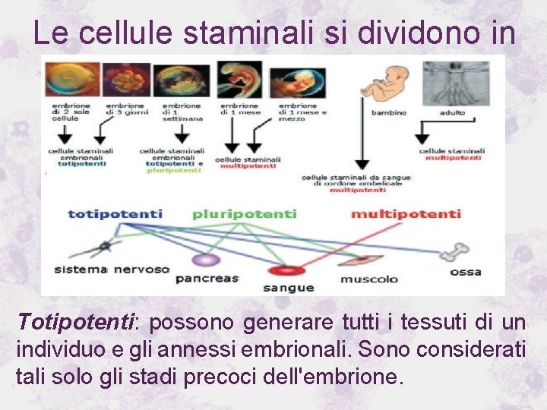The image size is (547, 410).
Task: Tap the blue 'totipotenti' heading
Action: click(x=115, y=213)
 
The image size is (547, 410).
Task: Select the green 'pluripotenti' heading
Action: click(x=244, y=213)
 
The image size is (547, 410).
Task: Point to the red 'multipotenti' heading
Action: click(x=406, y=213)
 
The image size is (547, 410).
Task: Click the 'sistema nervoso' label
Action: click(x=111, y=270)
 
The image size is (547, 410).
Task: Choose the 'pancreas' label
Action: click(x=207, y=279)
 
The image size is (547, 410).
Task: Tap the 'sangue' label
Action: click(x=288, y=288)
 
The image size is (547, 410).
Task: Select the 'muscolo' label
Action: click(x=368, y=279)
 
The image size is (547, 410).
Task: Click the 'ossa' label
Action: click(x=465, y=271)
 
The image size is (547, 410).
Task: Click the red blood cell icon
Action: click(x=287, y=270)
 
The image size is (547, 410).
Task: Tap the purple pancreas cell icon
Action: click(x=206, y=260)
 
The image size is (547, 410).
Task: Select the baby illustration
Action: click(x=387, y=81)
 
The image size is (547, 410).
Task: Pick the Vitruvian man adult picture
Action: click(x=455, y=81)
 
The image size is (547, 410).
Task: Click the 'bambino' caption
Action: click(x=388, y=112)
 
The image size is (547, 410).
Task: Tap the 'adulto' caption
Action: click(x=453, y=112)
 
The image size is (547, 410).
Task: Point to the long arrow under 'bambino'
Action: click(x=363, y=144)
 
